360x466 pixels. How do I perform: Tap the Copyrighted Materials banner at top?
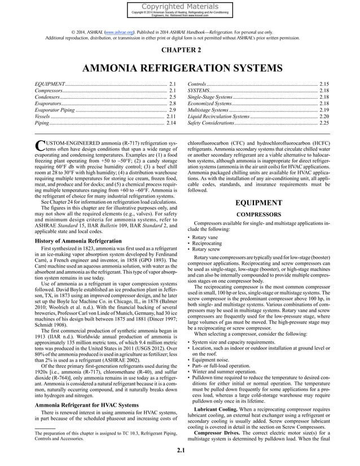pos(180,7)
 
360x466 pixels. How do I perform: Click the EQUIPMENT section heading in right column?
pos(258,203)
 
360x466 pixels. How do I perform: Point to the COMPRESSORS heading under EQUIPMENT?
pos(258,214)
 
